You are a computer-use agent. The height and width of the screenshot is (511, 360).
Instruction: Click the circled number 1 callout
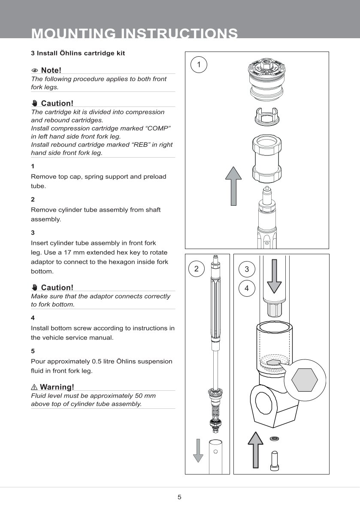[x=199, y=65]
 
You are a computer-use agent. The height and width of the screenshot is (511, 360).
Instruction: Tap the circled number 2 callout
[x=197, y=269]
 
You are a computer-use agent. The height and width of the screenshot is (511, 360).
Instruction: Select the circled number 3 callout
[x=247, y=269]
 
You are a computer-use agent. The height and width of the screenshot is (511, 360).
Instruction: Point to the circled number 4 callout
[x=247, y=289]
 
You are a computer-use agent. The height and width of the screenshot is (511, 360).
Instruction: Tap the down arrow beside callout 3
[x=274, y=274]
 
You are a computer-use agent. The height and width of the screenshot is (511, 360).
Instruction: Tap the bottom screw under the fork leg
[x=274, y=459]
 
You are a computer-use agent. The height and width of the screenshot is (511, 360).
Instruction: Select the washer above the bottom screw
[x=274, y=438]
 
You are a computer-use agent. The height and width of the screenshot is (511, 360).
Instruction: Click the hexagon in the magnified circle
[x=305, y=379]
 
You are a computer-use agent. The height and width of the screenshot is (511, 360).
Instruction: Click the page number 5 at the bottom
[x=179, y=497]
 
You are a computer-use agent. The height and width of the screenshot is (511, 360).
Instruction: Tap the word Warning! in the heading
[x=57, y=387]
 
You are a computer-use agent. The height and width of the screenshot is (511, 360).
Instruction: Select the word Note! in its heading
[x=51, y=70]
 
